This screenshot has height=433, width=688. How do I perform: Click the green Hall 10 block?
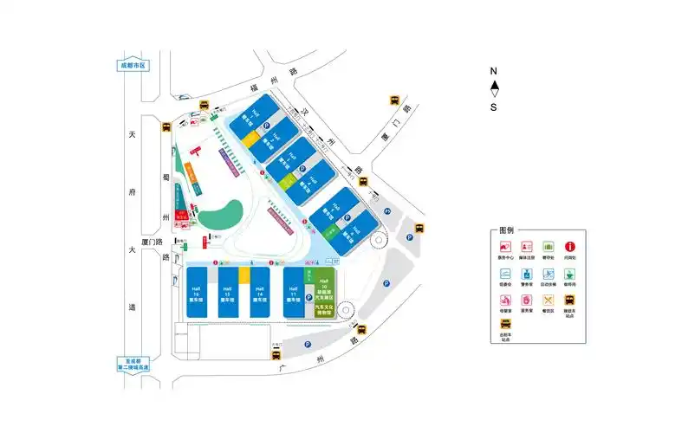pyautogui.click(x=324, y=286)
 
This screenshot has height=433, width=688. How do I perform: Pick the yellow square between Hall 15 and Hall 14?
pyautogui.click(x=244, y=275)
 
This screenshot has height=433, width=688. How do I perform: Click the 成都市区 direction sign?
pyautogui.click(x=133, y=65)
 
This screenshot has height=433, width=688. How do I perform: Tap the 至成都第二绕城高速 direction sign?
pyautogui.click(x=133, y=365)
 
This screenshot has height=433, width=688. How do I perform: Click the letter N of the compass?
pyautogui.click(x=493, y=71)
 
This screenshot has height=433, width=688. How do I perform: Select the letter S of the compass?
pyautogui.click(x=494, y=107)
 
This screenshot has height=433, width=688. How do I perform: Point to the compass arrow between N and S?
pyautogui.click(x=494, y=88)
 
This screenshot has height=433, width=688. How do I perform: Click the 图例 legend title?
pyautogui.click(x=507, y=231)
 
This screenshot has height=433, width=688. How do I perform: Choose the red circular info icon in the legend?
pyautogui.click(x=570, y=248)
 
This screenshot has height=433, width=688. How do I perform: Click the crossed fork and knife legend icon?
pyautogui.click(x=548, y=302)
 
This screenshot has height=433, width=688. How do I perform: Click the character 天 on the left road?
pyautogui.click(x=133, y=136)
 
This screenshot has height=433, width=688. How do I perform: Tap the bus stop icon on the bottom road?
pyautogui.click(x=361, y=328)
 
